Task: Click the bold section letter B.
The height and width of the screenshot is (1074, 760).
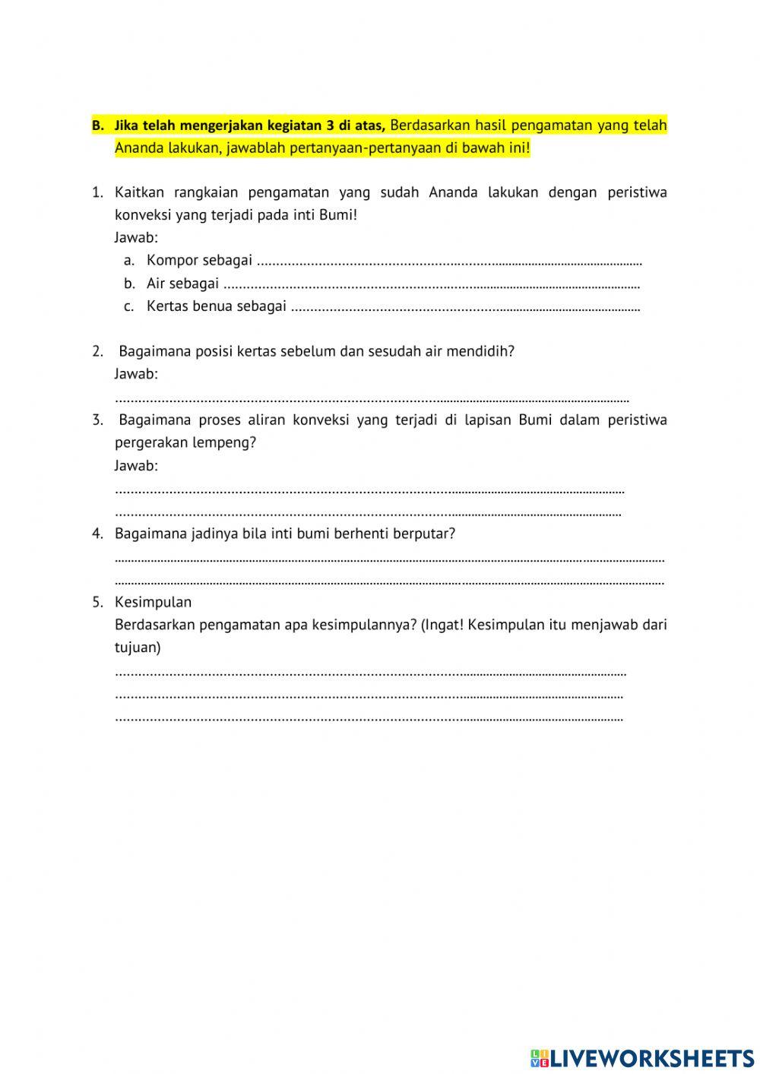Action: coord(97,125)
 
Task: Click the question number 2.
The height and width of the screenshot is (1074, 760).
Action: coord(97,351)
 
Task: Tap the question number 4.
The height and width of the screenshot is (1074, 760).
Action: coord(97,534)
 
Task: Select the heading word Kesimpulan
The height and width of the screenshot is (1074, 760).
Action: coord(153,602)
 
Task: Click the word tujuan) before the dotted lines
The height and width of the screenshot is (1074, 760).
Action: coord(138,648)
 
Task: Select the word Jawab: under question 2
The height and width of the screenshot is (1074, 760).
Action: coord(136,374)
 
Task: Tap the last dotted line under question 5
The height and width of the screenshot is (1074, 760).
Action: coord(369,718)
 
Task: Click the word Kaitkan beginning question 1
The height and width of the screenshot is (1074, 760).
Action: coord(140,192)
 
